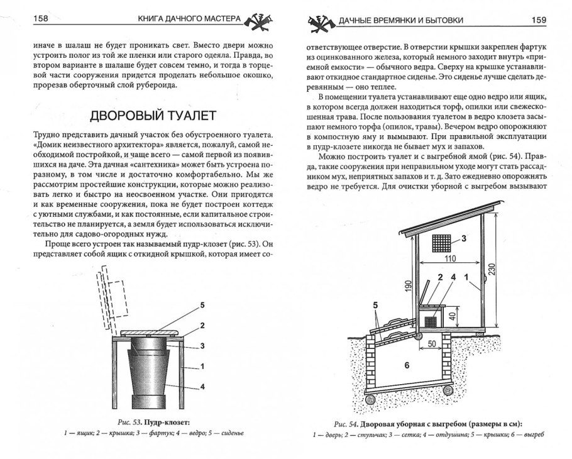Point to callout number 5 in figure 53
202,305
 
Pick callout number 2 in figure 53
202,325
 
